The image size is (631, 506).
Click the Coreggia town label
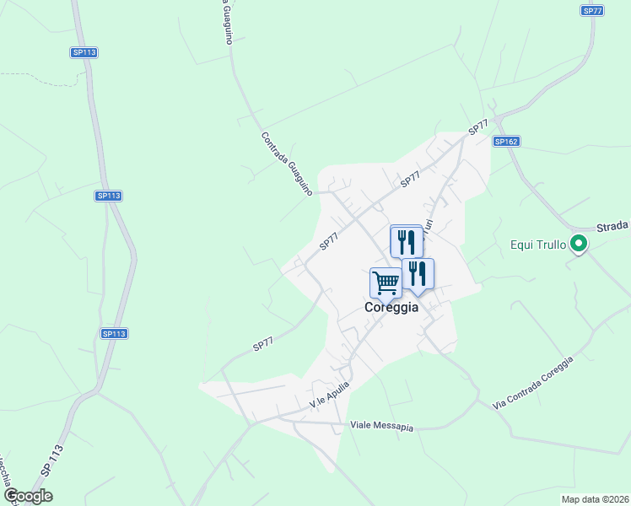391,308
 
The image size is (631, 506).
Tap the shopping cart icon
386,283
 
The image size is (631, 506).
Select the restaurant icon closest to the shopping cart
418,274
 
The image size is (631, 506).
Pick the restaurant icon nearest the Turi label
407,242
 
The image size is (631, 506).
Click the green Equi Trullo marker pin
579,245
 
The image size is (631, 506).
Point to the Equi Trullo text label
538,245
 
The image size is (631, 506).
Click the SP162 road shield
506,142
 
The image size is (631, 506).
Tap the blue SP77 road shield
592,10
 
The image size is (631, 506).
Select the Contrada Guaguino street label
287,164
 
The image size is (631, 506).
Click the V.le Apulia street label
329,394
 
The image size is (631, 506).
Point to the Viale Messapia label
382,427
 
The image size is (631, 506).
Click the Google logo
27,496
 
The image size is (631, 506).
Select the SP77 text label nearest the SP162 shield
478,128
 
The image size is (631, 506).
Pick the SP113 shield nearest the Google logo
114,334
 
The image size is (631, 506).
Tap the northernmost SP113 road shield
84,52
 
